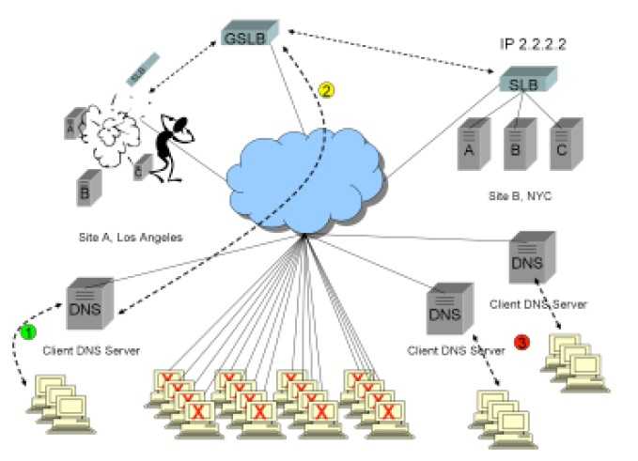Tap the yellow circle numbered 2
click(x=325, y=91)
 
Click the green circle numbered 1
click(x=29, y=331)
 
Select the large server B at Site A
click(x=86, y=187)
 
